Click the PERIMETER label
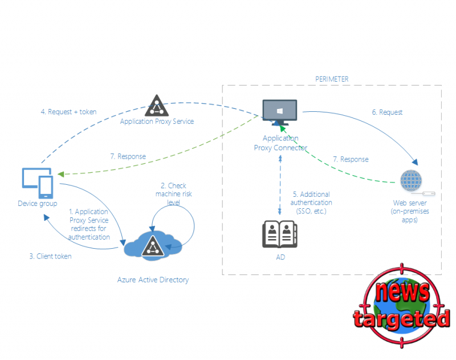(x=332, y=79)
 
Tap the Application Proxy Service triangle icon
(x=157, y=106)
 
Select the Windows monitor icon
(x=280, y=112)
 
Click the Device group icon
(x=38, y=183)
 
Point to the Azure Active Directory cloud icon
(x=153, y=245)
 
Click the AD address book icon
(x=280, y=234)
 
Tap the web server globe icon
(x=411, y=181)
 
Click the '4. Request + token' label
(x=68, y=112)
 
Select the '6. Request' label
(x=387, y=112)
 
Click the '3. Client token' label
(x=50, y=256)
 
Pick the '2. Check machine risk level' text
(x=174, y=194)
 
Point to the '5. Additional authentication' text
(x=311, y=199)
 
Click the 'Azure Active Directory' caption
(x=153, y=280)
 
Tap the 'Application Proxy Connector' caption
(x=280, y=143)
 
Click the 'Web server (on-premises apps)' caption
(x=410, y=211)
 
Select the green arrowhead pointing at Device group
(x=61, y=174)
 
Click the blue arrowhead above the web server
(x=415, y=162)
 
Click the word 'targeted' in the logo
(x=402, y=319)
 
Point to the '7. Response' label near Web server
(x=351, y=159)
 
